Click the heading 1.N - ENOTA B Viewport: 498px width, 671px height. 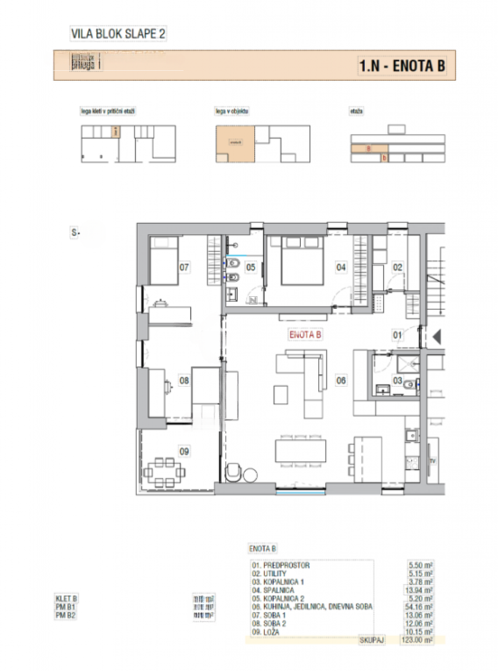[x=402, y=67]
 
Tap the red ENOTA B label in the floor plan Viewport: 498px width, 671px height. [x=305, y=334]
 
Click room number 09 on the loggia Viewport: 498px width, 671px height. [x=184, y=450]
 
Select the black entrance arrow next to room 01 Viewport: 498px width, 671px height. [x=438, y=335]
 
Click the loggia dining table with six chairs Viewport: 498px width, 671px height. [x=166, y=472]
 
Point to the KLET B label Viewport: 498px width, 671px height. [x=67, y=599]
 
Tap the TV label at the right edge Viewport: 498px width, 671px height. [x=433, y=461]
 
